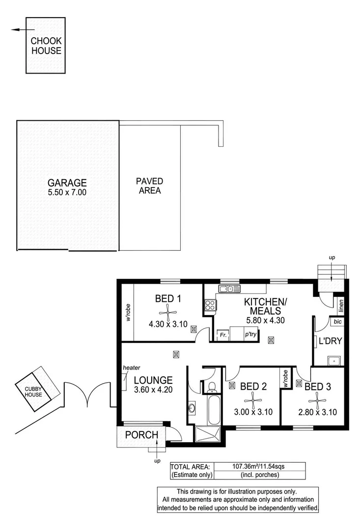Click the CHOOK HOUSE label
coord(46,46)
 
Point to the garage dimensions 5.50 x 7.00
coord(67,192)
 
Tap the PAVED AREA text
coord(149,186)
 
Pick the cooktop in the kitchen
coord(210,305)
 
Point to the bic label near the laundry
coord(337,321)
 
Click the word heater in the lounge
coord(132,368)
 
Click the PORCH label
coord(141,435)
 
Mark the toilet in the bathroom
coord(212,387)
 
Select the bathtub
coord(214,410)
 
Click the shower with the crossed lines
coord(208,434)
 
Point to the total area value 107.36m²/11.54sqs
coord(258,467)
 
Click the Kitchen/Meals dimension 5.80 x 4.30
coord(266,320)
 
